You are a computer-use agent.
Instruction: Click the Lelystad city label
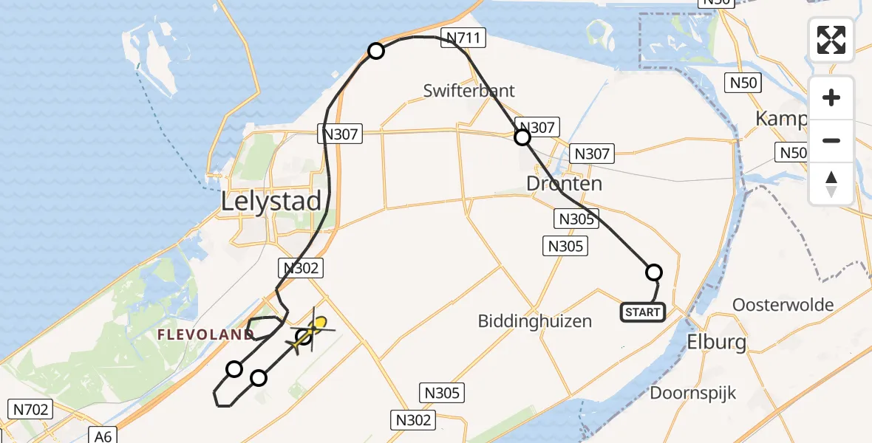(272, 202)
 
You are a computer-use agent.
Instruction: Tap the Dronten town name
(565, 183)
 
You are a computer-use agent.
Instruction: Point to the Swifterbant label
(469, 91)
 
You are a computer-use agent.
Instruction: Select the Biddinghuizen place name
(535, 321)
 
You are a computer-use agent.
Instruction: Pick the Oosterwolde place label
(783, 305)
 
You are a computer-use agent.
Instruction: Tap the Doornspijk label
(692, 392)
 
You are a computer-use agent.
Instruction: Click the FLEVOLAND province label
(205, 334)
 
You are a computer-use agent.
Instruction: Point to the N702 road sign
(30, 407)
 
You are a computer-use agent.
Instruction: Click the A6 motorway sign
(103, 436)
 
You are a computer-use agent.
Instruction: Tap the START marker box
(642, 312)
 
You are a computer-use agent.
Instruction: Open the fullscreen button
(831, 40)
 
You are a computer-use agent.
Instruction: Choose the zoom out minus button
(831, 140)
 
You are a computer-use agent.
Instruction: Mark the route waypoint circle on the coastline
(376, 51)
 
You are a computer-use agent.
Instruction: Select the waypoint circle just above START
(654, 272)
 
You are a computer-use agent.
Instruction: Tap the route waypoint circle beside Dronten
(522, 137)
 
